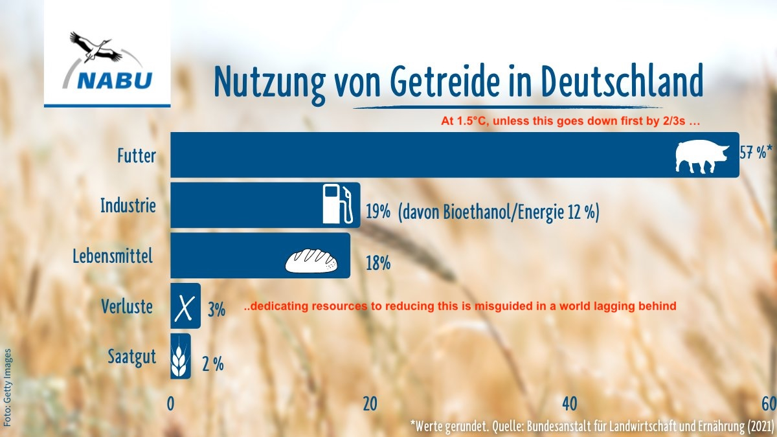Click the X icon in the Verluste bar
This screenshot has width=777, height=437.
tap(185, 307)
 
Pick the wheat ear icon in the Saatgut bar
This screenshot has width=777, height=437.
tap(180, 357)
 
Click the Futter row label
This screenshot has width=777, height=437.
tap(136, 155)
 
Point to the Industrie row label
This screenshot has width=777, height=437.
tap(128, 206)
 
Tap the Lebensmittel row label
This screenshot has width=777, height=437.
tap(113, 256)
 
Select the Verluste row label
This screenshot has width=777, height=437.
tap(127, 306)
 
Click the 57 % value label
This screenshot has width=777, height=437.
tap(755, 153)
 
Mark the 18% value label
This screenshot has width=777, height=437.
tap(378, 263)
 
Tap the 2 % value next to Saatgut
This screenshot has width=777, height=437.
tap(212, 364)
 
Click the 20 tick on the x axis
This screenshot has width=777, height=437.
tap(370, 403)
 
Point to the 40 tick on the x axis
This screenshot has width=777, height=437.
tap(570, 403)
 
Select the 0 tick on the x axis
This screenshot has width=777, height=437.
tap(171, 403)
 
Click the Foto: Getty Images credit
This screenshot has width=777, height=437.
tap(8, 387)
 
